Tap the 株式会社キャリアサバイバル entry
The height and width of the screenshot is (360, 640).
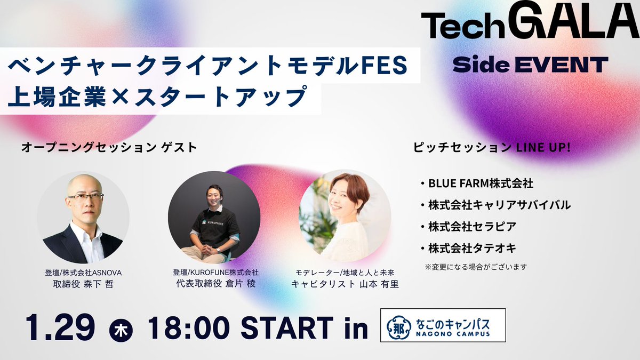pyautogui.click(x=499, y=205)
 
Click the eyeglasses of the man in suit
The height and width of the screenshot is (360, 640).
pyautogui.click(x=85, y=197)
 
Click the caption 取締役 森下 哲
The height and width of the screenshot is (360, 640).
pyautogui.click(x=83, y=284)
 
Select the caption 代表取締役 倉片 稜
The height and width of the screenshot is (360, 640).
pyautogui.click(x=215, y=284)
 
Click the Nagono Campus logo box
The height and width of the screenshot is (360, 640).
pyautogui.click(x=443, y=325)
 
